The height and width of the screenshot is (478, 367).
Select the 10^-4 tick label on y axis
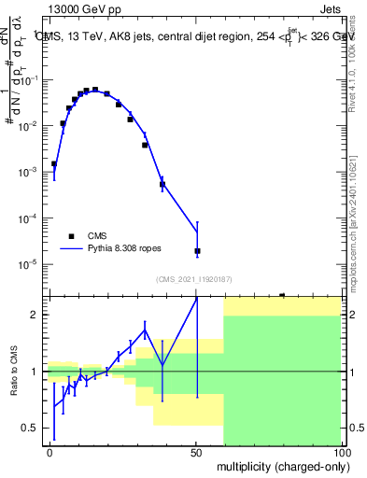point(34,218)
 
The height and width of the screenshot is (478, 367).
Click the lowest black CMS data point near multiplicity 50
point(197,251)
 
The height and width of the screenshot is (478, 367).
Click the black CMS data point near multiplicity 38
point(162,184)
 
